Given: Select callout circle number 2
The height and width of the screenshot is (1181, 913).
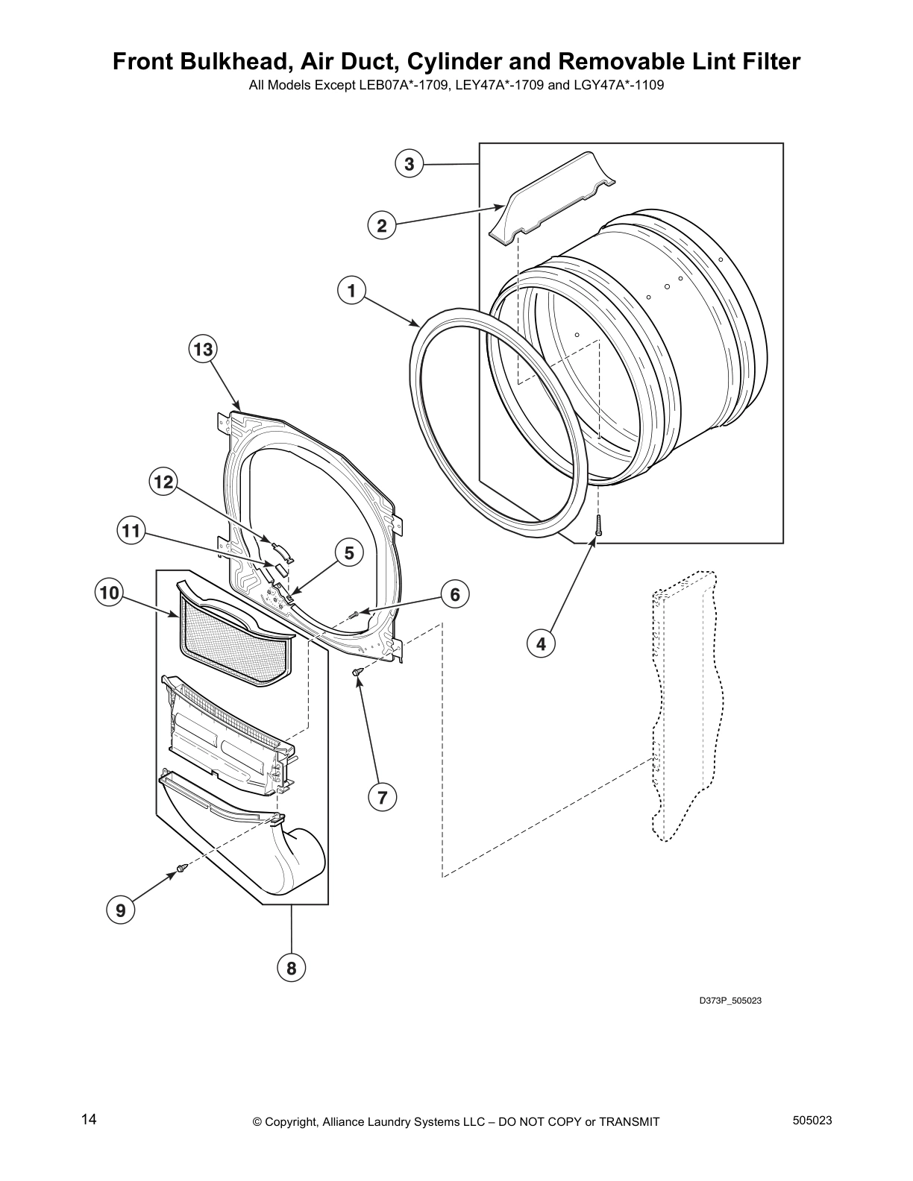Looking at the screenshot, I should click(382, 225).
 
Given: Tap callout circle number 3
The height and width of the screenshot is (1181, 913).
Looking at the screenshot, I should click(410, 164).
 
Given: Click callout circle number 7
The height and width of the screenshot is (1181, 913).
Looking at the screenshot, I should click(382, 797).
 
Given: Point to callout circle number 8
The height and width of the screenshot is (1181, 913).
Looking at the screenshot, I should click(292, 968).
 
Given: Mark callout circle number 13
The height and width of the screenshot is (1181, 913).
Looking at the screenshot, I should click(204, 349).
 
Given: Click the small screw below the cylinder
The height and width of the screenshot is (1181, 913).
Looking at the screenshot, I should click(597, 526).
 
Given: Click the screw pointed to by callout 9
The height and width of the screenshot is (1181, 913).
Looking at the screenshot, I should click(181, 868).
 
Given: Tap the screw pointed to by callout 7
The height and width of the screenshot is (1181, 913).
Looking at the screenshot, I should click(358, 673).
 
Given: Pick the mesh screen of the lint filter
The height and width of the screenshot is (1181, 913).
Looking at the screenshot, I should click(235, 643).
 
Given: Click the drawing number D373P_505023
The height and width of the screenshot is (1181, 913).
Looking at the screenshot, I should click(730, 1001).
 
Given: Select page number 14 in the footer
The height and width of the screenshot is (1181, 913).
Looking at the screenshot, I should click(89, 1120).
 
